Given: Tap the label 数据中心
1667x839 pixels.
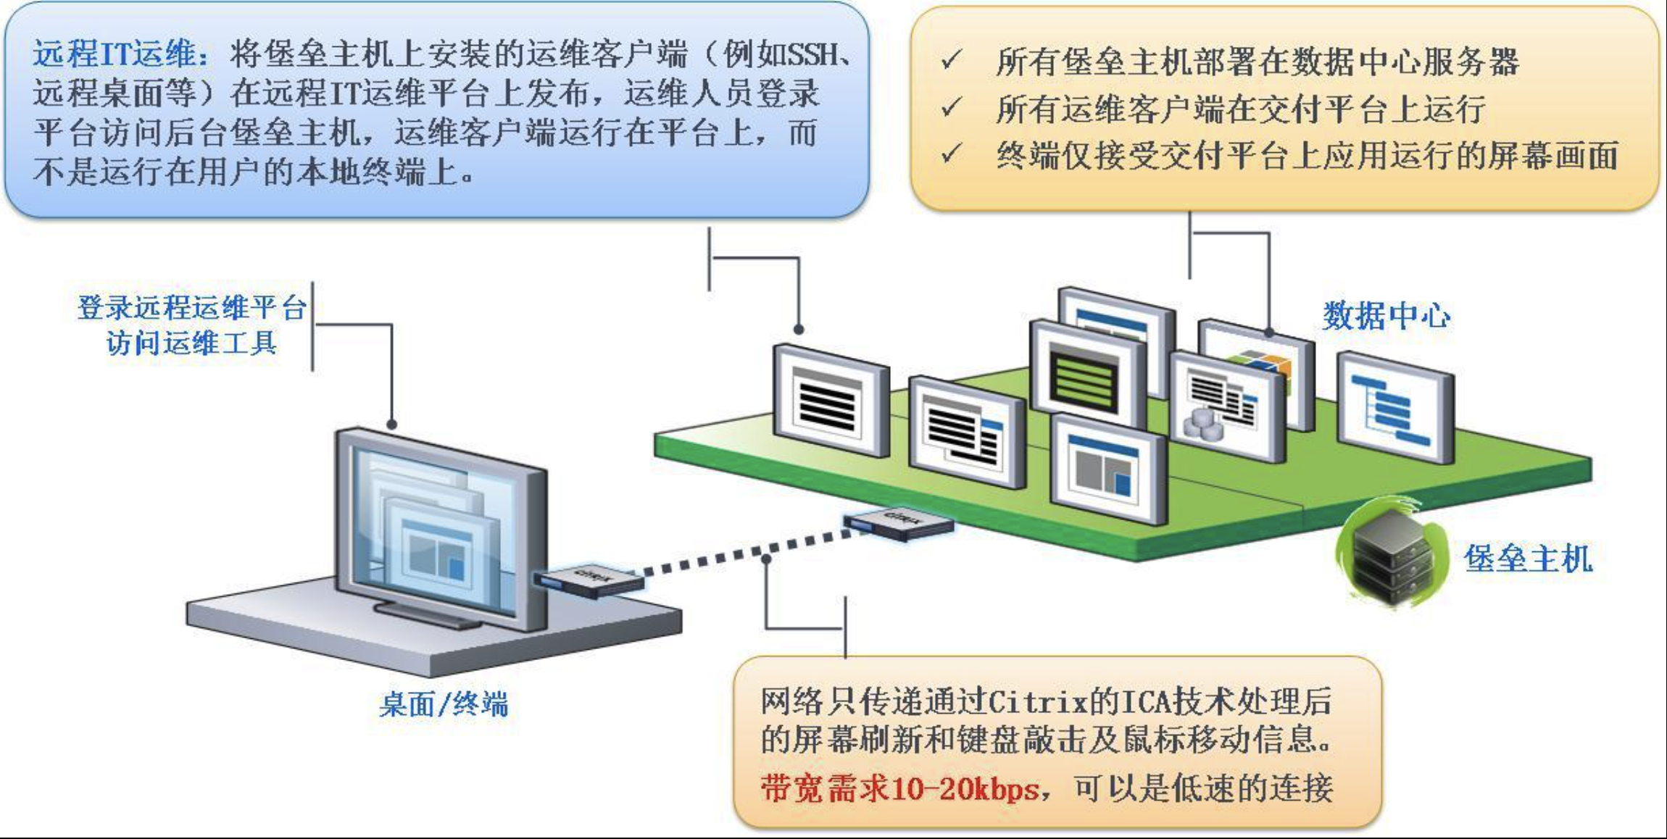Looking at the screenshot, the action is pos(1387,316).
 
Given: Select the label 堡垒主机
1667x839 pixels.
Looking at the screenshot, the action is pos(1528,559).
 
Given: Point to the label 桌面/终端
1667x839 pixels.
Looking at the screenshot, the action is pos(444,704).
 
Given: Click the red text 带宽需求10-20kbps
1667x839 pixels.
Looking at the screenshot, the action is pos(899,788).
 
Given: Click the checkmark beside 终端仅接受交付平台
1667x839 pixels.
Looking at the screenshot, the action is pos(951,154).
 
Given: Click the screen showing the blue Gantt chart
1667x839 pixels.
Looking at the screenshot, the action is pos(1396,407).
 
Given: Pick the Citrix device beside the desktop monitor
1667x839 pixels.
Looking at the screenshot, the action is pos(589,580).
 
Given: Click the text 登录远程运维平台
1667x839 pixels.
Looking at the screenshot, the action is pos(192,307).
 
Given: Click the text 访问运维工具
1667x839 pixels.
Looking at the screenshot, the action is pos(192,343).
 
